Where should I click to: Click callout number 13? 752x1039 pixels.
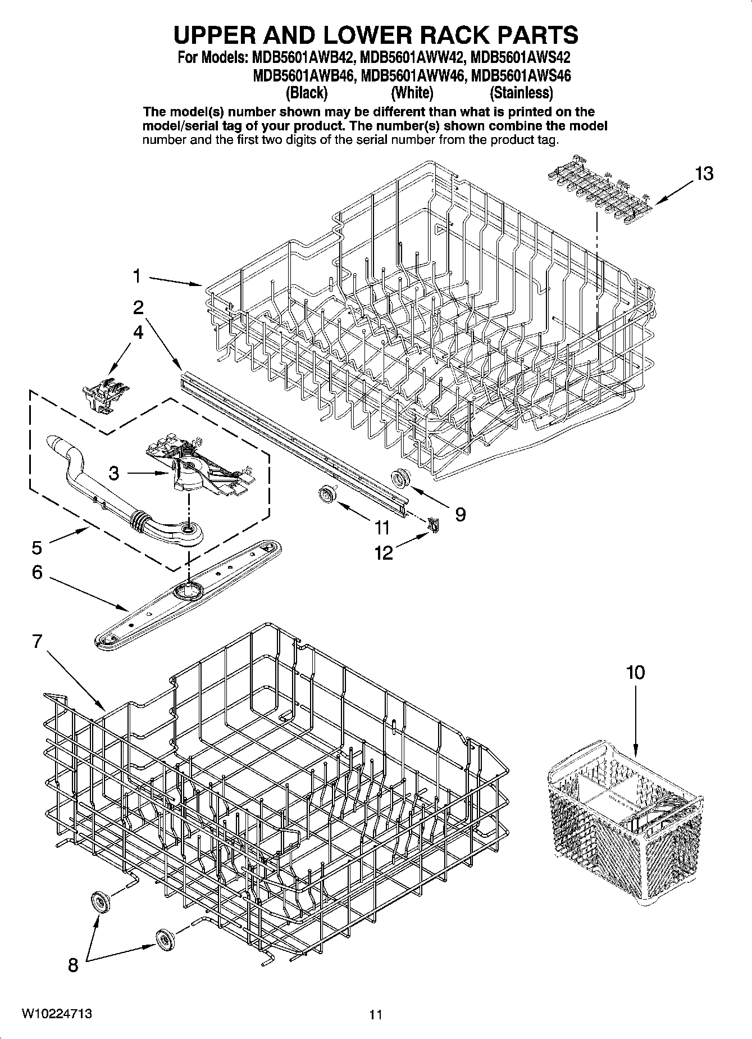[x=704, y=174]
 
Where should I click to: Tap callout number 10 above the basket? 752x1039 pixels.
[x=635, y=672]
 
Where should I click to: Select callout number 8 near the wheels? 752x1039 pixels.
[x=72, y=965]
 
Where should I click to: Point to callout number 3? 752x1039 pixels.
[x=113, y=474]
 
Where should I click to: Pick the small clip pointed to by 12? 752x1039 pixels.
[x=434, y=524]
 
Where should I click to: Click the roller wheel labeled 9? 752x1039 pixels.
[x=401, y=479]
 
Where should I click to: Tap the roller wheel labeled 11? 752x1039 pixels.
[x=325, y=493]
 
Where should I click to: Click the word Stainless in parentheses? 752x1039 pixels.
[x=521, y=92]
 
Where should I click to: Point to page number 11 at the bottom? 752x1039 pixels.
[x=376, y=1015]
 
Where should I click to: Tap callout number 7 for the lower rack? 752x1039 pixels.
[x=37, y=641]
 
